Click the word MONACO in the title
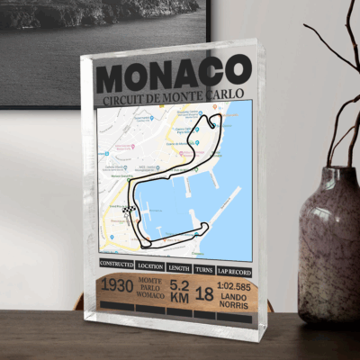[174, 71]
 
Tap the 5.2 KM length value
[179, 290]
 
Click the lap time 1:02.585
[234, 283]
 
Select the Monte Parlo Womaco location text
[150, 290]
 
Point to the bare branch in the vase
[337, 90]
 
